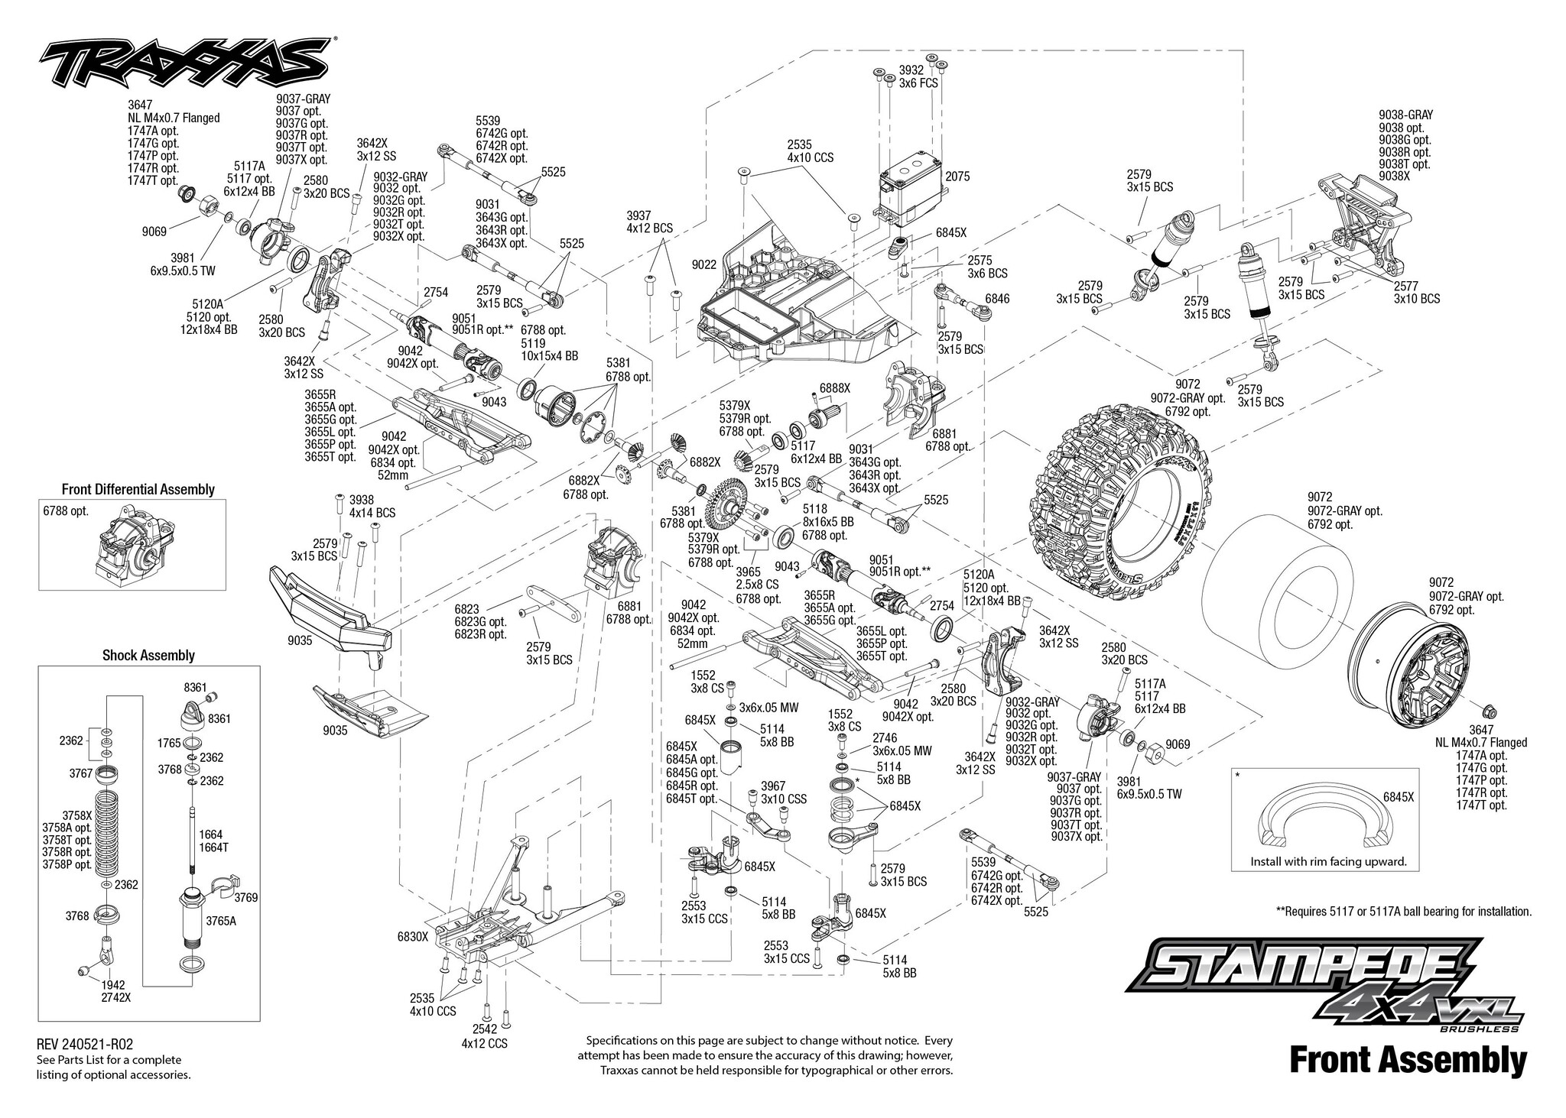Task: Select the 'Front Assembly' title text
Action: point(1408,1061)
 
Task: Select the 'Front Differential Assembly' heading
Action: point(138,489)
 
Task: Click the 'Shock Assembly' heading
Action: point(148,655)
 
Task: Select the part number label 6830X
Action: point(413,935)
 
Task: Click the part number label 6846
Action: point(997,298)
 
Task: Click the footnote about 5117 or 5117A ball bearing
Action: point(1404,911)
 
